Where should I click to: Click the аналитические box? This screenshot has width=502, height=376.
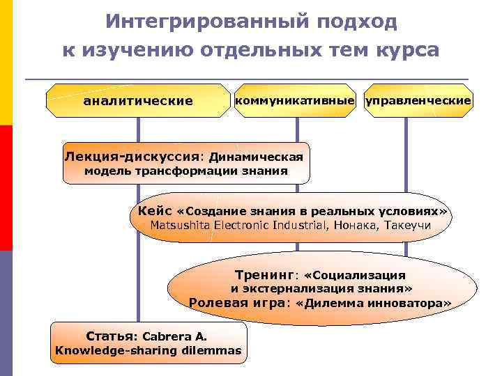click(x=137, y=101)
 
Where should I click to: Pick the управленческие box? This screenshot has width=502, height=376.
click(x=419, y=101)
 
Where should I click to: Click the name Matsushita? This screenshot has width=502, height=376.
click(x=182, y=225)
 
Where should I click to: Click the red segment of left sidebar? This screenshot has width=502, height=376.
click(x=6, y=188)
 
